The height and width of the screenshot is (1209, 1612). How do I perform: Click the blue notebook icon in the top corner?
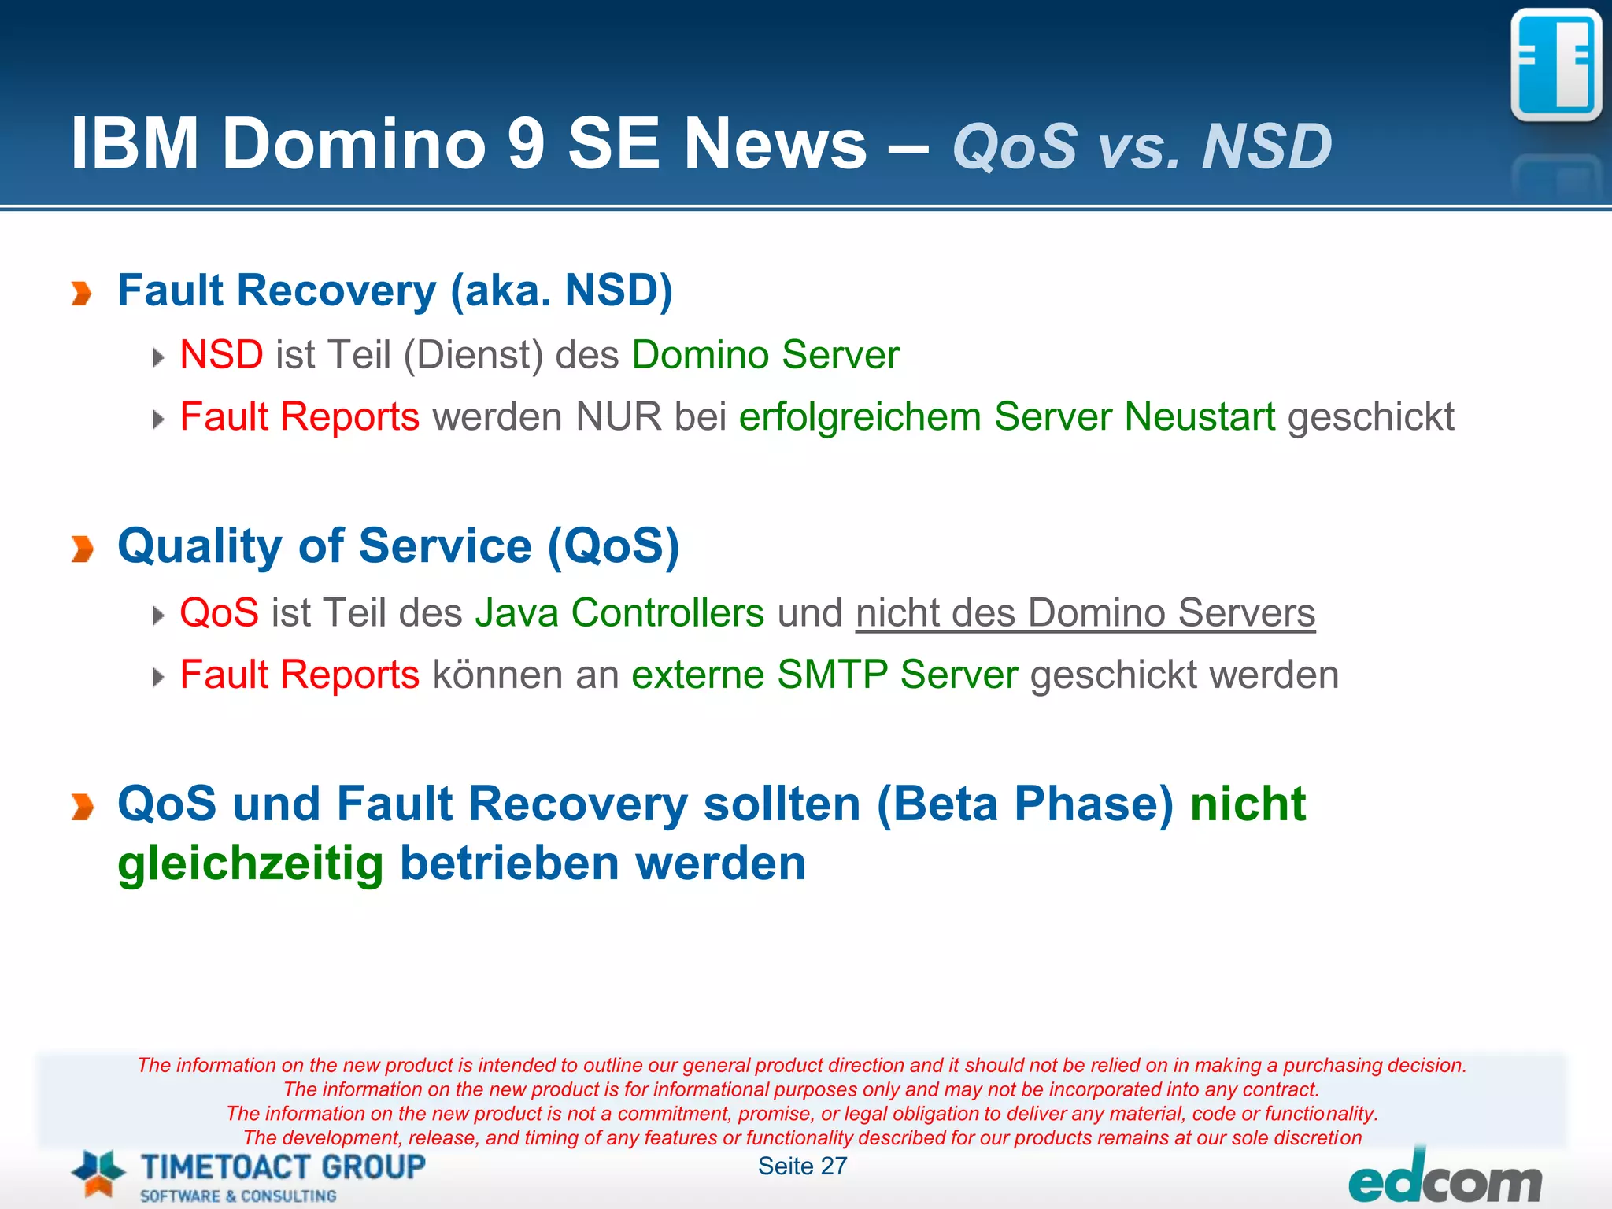(x=1556, y=65)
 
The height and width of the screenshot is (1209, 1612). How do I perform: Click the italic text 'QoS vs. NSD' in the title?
(x=1141, y=146)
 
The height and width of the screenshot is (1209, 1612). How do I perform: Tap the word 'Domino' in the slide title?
(x=354, y=143)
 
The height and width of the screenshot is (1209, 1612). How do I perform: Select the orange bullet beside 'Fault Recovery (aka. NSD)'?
(x=81, y=294)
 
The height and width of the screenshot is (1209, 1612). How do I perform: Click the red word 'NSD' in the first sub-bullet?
(x=221, y=355)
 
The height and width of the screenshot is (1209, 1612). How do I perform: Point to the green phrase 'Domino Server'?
(x=765, y=355)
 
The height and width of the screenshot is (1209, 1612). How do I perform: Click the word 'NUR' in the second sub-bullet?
(x=618, y=416)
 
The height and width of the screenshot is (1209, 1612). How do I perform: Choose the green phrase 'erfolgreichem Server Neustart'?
(x=1007, y=416)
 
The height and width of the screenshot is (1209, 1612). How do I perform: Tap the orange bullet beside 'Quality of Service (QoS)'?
(x=82, y=549)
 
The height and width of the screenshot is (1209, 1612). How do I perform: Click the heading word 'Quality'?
(x=200, y=546)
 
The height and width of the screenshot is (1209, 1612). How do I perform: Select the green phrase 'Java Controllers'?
(x=619, y=612)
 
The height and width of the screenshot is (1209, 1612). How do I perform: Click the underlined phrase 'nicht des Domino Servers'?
(x=1085, y=613)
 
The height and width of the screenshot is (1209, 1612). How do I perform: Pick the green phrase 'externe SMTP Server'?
(x=824, y=675)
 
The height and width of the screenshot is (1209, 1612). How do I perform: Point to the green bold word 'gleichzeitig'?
(x=250, y=864)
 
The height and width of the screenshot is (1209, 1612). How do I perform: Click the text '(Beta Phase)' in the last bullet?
(x=1025, y=804)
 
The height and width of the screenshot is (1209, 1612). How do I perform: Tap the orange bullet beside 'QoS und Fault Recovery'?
(x=82, y=807)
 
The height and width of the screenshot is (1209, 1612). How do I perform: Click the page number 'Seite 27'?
(x=802, y=1166)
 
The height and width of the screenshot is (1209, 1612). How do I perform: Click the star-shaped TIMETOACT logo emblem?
(x=98, y=1174)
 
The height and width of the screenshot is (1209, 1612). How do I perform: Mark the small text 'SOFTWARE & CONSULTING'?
(x=238, y=1196)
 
